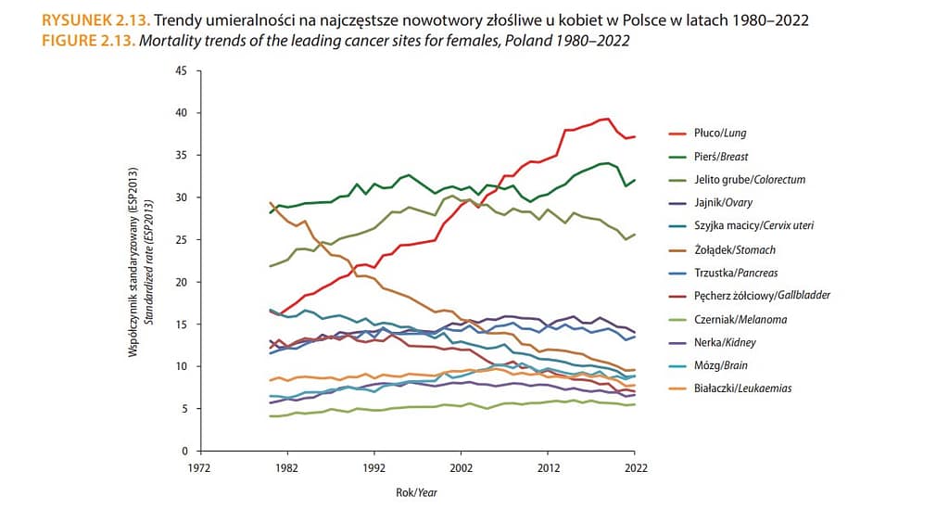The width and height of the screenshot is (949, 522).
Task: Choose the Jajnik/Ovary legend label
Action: (723, 204)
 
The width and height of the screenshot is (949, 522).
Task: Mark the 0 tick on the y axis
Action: (183, 451)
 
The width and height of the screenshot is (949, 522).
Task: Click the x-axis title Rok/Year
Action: (416, 492)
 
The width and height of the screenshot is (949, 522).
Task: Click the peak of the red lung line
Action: (606, 119)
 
